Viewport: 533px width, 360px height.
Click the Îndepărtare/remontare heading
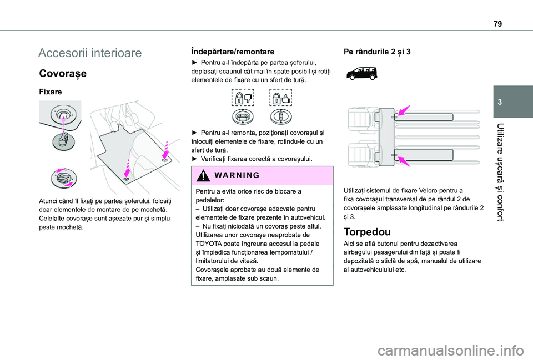pyautogui.click(x=228, y=50)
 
